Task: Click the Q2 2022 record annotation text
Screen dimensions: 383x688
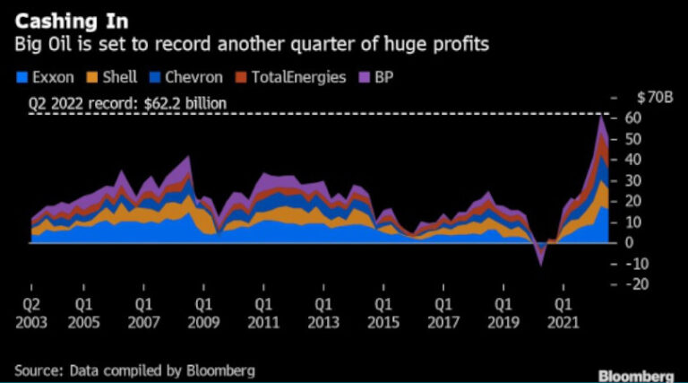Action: [127, 104]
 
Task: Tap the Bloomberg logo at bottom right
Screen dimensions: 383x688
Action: [636, 374]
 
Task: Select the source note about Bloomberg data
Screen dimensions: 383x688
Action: [135, 370]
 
